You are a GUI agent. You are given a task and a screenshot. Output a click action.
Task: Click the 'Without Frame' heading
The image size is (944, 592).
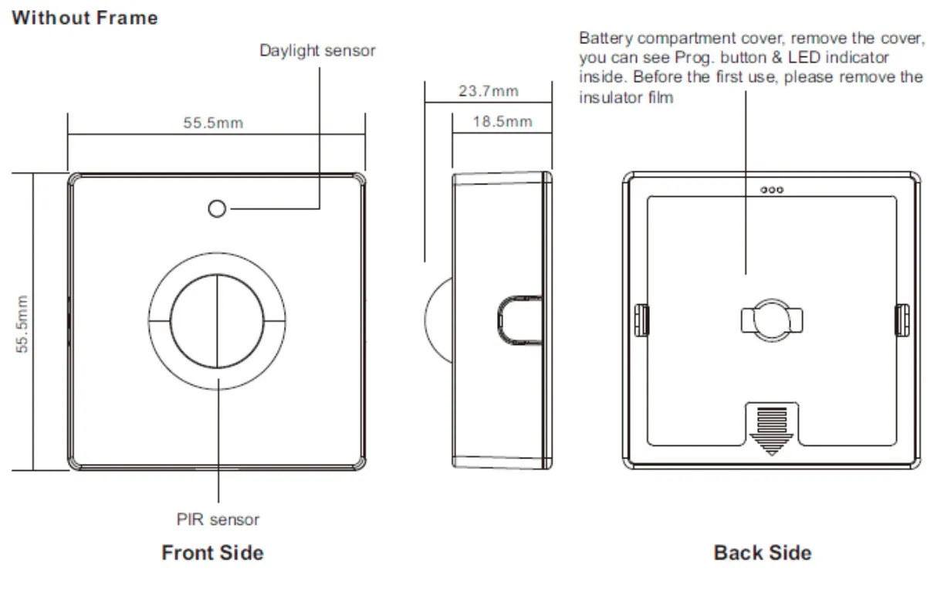tap(85, 18)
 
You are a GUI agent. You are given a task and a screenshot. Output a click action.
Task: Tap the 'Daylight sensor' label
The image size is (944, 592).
tap(317, 51)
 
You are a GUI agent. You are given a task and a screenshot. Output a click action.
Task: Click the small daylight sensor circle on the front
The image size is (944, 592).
tap(218, 208)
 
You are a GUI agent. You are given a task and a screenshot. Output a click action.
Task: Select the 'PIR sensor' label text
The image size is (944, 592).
tap(218, 519)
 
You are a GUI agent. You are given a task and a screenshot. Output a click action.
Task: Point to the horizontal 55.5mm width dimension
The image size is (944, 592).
tap(213, 123)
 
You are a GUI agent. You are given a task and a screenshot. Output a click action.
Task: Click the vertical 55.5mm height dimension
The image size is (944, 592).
tap(23, 323)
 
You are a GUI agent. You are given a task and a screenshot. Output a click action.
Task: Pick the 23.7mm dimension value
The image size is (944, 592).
tap(488, 91)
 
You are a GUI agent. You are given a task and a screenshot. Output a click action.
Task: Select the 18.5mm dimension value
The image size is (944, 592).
tap(502, 122)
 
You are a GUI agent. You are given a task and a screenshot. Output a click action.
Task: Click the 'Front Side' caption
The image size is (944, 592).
tap(212, 553)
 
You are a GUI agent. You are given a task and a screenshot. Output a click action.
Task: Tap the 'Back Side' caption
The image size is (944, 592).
tap(763, 553)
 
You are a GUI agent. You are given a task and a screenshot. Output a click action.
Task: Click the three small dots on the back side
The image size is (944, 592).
tap(772, 189)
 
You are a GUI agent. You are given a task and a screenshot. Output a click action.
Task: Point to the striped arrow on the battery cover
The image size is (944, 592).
tap(772, 429)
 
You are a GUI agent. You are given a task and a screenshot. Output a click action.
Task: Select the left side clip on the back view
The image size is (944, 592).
tap(640, 320)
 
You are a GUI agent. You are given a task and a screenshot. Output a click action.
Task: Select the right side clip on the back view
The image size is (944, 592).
tap(902, 320)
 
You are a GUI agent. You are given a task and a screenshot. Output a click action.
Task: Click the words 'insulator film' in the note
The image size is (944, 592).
tap(626, 97)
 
